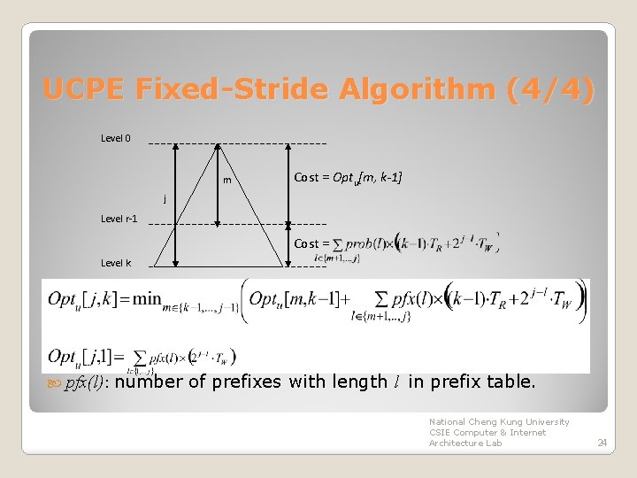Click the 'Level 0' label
pyautogui.click(x=116, y=138)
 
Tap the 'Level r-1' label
pyautogui.click(x=119, y=219)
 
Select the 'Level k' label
pyautogui.click(x=116, y=263)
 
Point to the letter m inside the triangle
pyautogui.click(x=227, y=181)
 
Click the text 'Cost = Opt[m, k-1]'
pyautogui.click(x=348, y=178)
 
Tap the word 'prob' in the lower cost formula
pyautogui.click(x=357, y=243)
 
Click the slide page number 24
pyautogui.click(x=602, y=442)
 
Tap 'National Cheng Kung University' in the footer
pyautogui.click(x=499, y=422)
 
